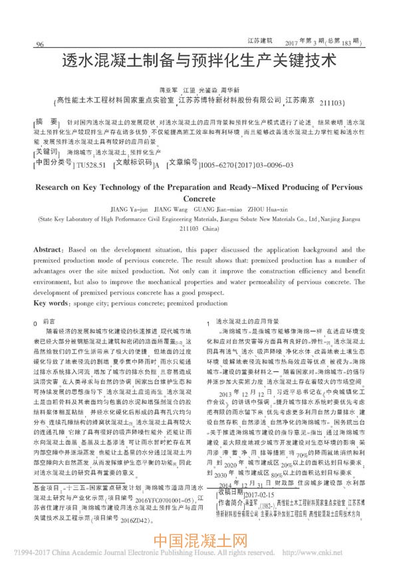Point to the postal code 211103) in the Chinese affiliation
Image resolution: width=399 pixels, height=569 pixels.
[332, 104]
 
